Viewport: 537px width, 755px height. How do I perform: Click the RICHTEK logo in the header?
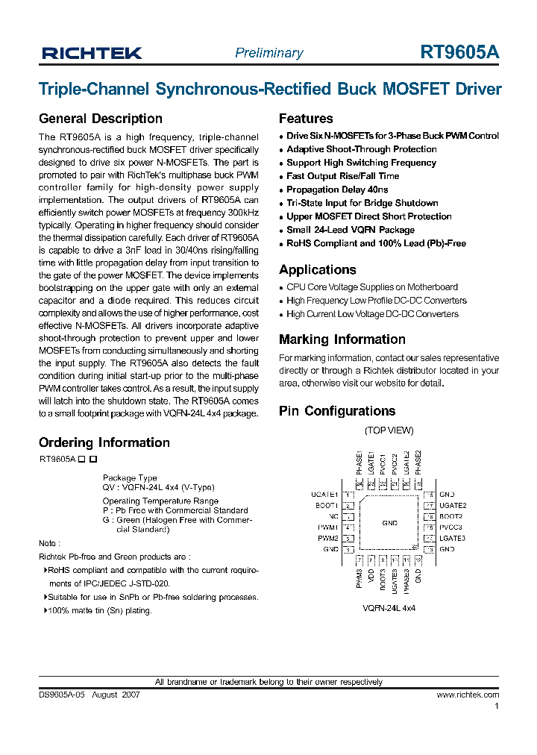tap(92, 53)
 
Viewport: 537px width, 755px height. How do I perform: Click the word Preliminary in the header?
tap(268, 53)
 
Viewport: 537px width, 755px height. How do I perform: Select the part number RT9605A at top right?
tap(459, 52)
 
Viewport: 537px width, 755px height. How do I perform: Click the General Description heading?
tap(100, 119)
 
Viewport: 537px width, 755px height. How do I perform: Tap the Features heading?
tap(306, 119)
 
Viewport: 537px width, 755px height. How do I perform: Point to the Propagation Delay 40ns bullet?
tap(337, 189)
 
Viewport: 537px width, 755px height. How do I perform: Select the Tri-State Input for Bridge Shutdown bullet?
tap(362, 203)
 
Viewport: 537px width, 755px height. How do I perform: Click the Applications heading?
tap(317, 270)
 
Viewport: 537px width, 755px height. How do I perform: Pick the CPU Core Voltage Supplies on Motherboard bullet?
tap(371, 287)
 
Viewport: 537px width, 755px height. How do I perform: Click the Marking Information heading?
tap(342, 339)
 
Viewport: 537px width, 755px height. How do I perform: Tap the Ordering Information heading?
tap(104, 442)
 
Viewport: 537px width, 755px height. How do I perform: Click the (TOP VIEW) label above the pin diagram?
tap(389, 430)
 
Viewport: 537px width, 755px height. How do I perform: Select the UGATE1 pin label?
tap(324, 495)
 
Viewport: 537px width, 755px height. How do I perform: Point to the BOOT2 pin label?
tap(451, 516)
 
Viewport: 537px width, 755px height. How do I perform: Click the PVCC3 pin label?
tap(451, 527)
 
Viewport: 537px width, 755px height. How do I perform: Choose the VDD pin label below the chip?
tap(371, 576)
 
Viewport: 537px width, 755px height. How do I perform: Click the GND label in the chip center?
tap(389, 524)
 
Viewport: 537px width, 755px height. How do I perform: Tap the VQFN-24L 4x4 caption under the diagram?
tap(389, 609)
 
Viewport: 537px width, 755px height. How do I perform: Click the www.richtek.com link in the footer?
tap(468, 695)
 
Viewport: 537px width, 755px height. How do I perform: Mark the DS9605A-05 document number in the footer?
tap(63, 695)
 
